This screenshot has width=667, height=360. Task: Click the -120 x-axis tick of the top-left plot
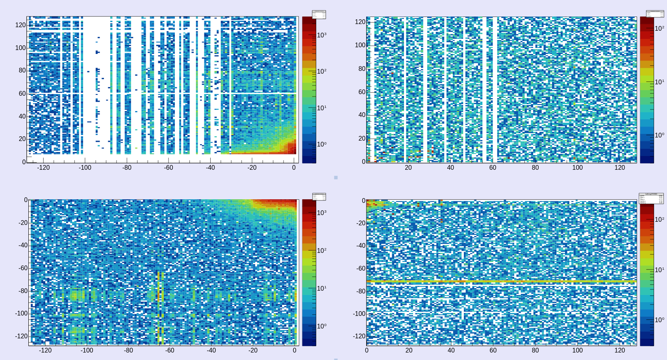pyautogui.click(x=43, y=168)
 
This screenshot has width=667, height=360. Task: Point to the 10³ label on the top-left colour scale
pyautogui.click(x=322, y=35)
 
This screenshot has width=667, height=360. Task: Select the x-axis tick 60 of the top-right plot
pyautogui.click(x=493, y=168)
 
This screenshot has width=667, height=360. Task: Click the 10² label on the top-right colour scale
pyautogui.click(x=659, y=29)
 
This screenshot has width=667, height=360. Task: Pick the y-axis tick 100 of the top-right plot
pyautogui.click(x=360, y=45)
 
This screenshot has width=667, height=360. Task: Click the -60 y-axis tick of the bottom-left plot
pyautogui.click(x=23, y=268)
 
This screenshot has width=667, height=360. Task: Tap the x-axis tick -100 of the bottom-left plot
pyautogui.click(x=87, y=351)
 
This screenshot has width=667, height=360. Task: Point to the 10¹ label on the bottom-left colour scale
pyautogui.click(x=322, y=288)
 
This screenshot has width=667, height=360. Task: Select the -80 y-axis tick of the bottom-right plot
pyautogui.click(x=361, y=291)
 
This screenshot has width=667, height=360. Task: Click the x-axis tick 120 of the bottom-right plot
pyautogui.click(x=619, y=351)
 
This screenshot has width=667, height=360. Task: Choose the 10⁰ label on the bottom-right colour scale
pyautogui.click(x=659, y=320)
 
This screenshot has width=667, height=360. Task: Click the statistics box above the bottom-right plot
pyautogui.click(x=651, y=198)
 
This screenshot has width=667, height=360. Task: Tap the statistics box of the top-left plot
pyautogui.click(x=319, y=15)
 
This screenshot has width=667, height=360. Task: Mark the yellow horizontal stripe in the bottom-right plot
pyautogui.click(x=500, y=282)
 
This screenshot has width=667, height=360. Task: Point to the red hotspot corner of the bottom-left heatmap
pyautogui.click(x=283, y=203)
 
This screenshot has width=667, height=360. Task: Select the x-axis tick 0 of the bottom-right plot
pyautogui.click(x=367, y=351)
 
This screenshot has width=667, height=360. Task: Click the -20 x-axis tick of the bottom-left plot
pyautogui.click(x=253, y=351)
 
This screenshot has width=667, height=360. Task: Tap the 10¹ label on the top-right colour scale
pyautogui.click(x=659, y=82)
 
